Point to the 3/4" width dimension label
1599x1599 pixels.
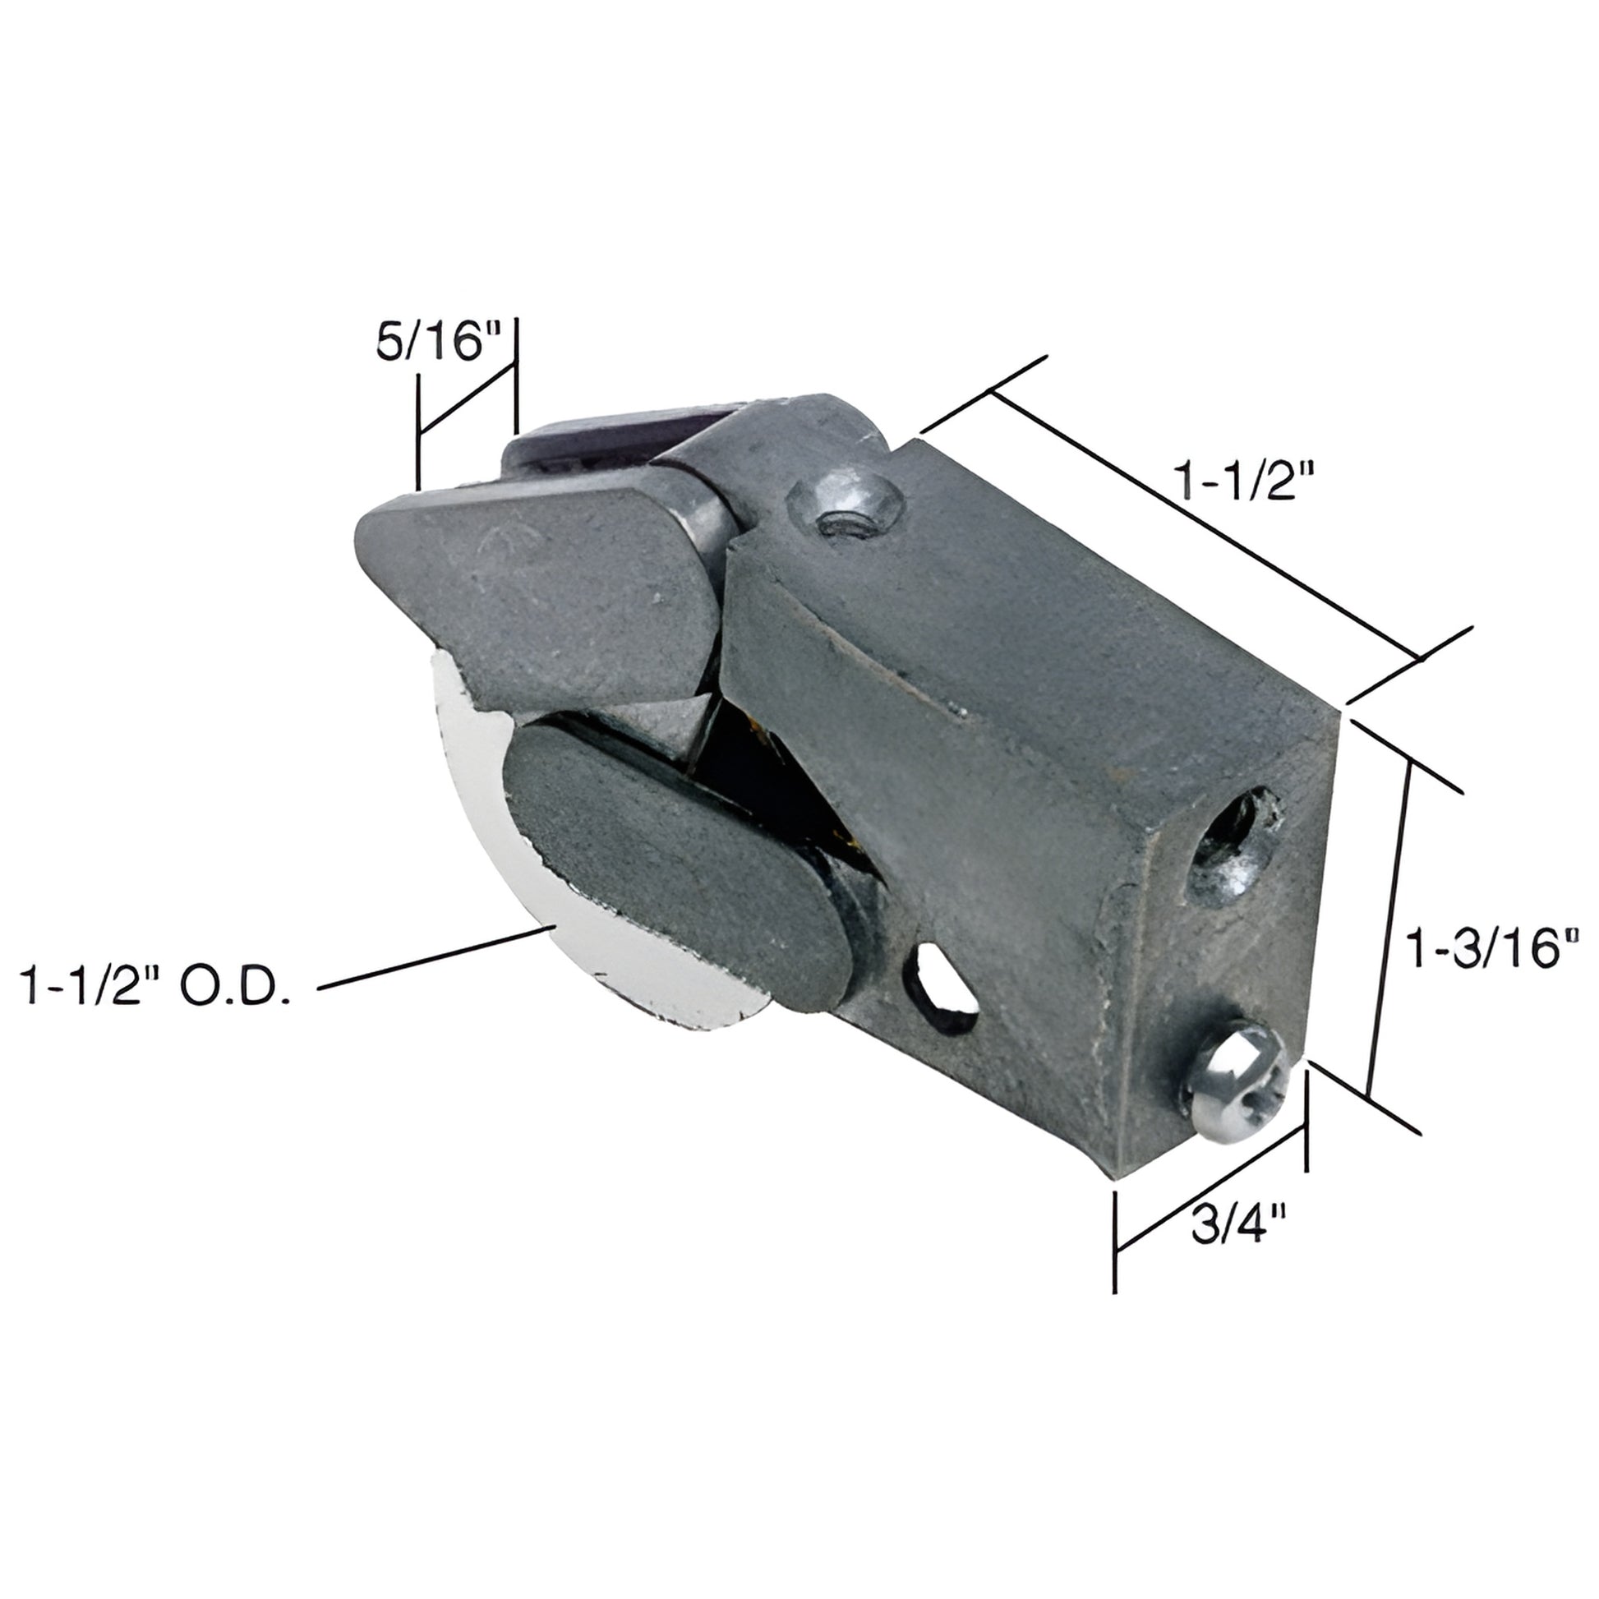point(1239,1225)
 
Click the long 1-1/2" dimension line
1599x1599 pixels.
point(1205,530)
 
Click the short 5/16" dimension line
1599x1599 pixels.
point(466,401)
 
